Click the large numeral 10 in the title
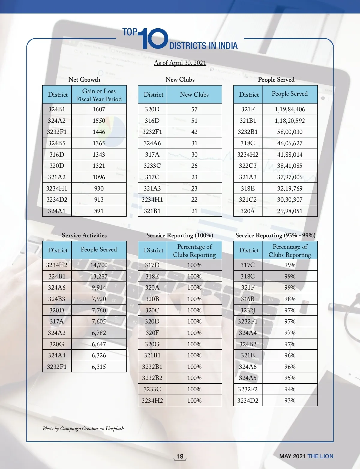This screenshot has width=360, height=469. click(x=154, y=39)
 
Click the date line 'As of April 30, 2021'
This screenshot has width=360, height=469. click(x=180, y=63)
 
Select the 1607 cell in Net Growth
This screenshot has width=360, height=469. click(x=99, y=109)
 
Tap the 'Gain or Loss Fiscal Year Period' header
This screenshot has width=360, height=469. click(x=99, y=95)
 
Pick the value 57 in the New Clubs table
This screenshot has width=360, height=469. click(x=194, y=109)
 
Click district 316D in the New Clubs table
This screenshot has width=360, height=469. click(x=152, y=121)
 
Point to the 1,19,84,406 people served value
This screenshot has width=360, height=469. click(x=289, y=109)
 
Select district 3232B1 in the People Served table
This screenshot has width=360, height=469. click(x=247, y=132)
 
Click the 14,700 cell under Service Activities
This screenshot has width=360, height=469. click(x=99, y=265)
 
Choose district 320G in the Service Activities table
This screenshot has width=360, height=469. click(x=57, y=344)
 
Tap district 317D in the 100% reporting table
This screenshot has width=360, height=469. click(x=152, y=265)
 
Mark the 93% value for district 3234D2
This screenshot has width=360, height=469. click(x=290, y=400)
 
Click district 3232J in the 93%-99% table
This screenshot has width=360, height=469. click(x=247, y=310)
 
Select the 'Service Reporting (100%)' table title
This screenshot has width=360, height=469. click(x=180, y=235)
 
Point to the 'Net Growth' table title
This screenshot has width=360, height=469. click(x=84, y=80)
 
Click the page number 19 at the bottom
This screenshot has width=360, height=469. click(x=180, y=456)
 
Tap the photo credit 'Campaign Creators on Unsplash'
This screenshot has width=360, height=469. click(x=92, y=428)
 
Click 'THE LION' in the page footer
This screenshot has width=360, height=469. click(x=320, y=456)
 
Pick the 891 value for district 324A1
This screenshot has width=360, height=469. click(x=99, y=211)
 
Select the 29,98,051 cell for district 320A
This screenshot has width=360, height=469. click(x=289, y=211)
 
